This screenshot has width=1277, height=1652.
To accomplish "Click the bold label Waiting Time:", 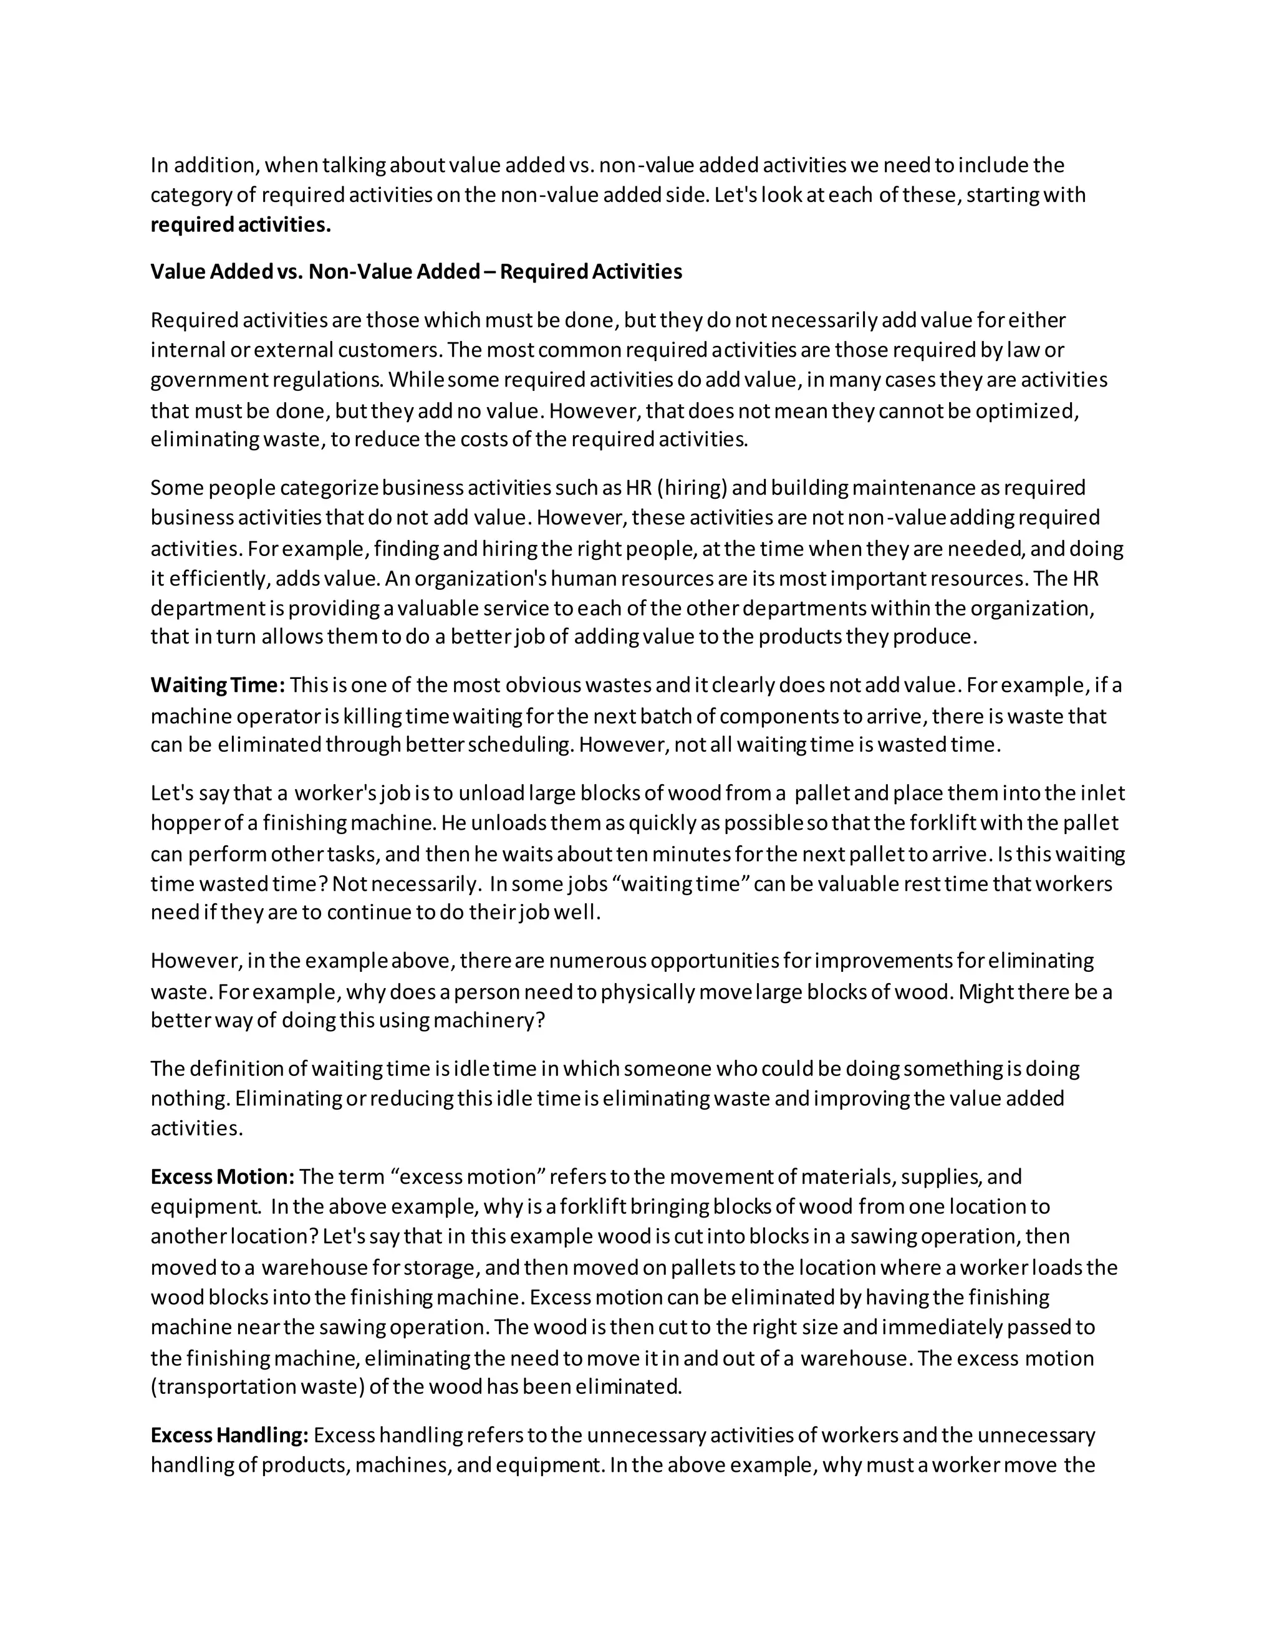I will click(218, 685).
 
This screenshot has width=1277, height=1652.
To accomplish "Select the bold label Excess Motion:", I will click(223, 1177).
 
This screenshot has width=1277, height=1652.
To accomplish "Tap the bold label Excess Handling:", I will click(229, 1435).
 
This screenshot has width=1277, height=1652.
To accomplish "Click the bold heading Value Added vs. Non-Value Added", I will click(416, 272).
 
